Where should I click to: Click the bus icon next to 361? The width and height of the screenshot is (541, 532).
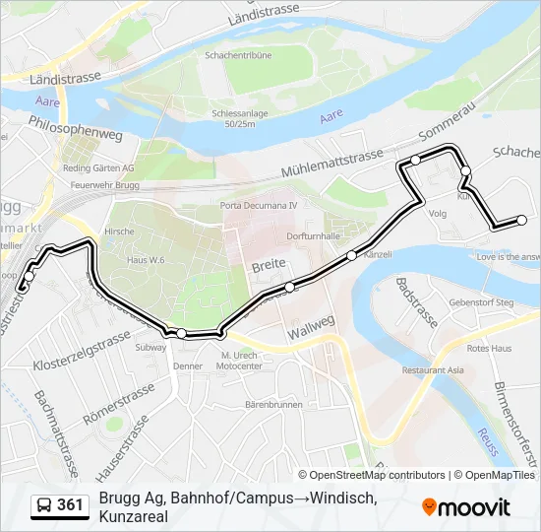[x=44, y=505]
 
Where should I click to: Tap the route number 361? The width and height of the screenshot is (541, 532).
[x=71, y=505]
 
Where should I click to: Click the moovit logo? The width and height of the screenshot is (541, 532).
[x=466, y=507]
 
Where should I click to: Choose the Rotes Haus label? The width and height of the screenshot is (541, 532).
[x=489, y=348]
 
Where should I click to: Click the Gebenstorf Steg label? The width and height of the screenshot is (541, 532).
[x=481, y=302]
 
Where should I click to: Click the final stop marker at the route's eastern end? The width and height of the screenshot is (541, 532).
[x=521, y=220]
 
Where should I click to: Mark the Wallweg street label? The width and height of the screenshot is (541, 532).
[x=313, y=327]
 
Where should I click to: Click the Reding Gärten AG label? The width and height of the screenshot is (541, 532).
[x=97, y=168]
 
